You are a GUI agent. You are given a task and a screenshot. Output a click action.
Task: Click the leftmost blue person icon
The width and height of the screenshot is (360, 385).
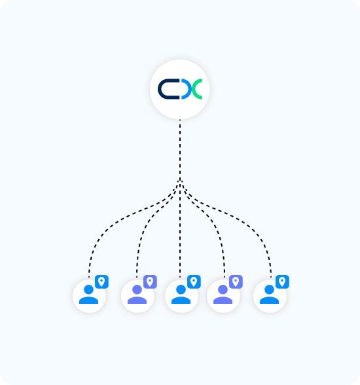[x=88, y=294]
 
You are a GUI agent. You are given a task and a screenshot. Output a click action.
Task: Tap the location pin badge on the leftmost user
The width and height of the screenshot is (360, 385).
[x=101, y=282]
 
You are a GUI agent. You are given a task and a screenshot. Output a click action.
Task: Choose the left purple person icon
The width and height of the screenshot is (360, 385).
[x=137, y=294]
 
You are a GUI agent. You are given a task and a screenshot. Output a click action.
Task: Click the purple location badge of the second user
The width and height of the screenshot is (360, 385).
[x=150, y=282]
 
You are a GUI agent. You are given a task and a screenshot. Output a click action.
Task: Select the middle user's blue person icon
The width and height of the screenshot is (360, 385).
[x=181, y=294]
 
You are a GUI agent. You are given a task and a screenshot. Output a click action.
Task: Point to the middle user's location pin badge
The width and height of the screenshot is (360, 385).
[x=194, y=282]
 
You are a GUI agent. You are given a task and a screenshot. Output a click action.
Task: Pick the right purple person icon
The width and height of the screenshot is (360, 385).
[x=223, y=294]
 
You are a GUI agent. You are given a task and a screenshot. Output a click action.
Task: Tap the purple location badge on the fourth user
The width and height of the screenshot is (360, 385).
[x=236, y=282]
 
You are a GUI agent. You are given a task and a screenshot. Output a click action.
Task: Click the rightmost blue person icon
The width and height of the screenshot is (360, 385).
[x=269, y=294]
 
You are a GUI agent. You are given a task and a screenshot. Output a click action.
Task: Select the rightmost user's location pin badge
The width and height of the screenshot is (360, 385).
[x=282, y=282]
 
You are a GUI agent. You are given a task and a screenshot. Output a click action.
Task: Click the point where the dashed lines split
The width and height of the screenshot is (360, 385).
[x=180, y=181]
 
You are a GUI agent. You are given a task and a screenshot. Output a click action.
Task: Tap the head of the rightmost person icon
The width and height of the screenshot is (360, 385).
[x=269, y=289]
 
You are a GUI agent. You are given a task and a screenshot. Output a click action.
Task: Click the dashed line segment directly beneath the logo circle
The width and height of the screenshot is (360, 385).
[x=180, y=150]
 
